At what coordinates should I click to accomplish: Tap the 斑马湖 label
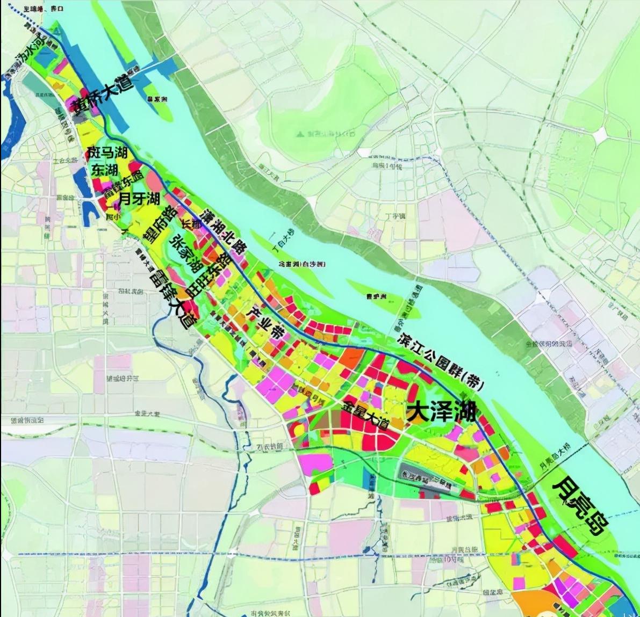pyautogui.click(x=108, y=153)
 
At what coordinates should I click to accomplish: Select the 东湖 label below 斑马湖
pyautogui.click(x=104, y=170)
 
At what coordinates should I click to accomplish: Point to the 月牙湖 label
pyautogui.click(x=139, y=199)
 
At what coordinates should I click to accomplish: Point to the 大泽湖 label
pyautogui.click(x=441, y=412)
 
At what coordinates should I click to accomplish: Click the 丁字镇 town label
pyautogui.click(x=395, y=216)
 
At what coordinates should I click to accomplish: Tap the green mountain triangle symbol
pyautogui.click(x=300, y=133)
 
